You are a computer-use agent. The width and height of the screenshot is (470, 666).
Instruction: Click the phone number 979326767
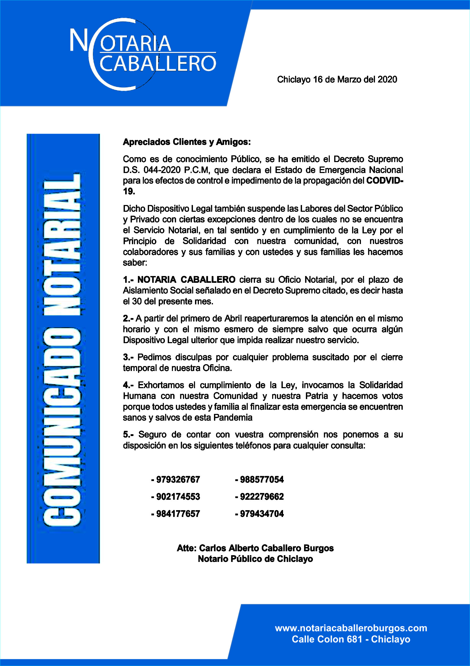(x=178, y=479)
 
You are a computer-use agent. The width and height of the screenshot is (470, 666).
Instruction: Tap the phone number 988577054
(x=261, y=479)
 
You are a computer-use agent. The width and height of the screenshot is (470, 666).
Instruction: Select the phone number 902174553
(x=178, y=497)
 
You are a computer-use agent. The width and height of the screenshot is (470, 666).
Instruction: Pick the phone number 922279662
(x=261, y=497)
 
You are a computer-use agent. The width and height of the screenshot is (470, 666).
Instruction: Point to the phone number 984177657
(x=178, y=514)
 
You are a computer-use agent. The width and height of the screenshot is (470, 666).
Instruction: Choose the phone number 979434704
(x=261, y=514)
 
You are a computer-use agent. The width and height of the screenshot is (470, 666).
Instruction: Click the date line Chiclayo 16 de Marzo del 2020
(x=337, y=80)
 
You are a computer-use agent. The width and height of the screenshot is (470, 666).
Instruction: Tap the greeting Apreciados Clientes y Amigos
(x=186, y=142)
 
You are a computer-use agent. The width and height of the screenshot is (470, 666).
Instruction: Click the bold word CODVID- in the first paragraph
(x=384, y=181)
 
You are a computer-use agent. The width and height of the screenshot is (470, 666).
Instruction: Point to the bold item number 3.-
(x=128, y=357)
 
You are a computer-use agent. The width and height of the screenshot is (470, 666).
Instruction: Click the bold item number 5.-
(x=128, y=434)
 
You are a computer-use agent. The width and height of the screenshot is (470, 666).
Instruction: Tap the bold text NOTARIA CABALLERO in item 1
(x=186, y=280)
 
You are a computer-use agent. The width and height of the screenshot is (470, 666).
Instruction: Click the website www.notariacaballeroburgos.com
(x=351, y=628)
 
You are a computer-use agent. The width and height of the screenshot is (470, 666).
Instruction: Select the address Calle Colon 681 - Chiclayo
(x=351, y=639)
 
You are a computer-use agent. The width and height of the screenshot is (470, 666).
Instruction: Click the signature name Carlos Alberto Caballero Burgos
(x=266, y=548)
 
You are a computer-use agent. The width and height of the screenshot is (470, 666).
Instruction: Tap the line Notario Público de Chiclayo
(x=255, y=559)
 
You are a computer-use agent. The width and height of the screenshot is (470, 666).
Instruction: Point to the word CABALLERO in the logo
(x=158, y=63)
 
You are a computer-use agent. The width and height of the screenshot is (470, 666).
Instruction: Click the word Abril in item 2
(x=233, y=318)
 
